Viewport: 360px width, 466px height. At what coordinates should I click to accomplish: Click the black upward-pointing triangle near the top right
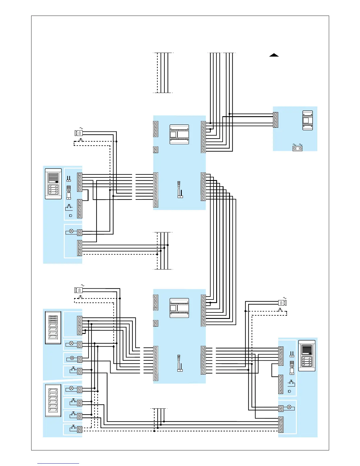(x=274, y=55)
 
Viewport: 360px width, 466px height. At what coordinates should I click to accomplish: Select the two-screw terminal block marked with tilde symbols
(x=297, y=149)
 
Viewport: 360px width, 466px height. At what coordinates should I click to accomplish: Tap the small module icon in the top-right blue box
(x=308, y=120)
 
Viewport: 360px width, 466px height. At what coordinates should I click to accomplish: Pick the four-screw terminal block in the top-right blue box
(x=276, y=120)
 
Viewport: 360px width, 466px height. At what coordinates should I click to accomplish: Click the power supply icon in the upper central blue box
(x=179, y=134)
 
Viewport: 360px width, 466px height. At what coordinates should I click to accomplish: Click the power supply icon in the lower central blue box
(x=179, y=308)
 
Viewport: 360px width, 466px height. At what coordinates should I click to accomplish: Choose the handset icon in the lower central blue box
(x=180, y=363)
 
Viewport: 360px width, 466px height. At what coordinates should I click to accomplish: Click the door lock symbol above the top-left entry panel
(x=79, y=133)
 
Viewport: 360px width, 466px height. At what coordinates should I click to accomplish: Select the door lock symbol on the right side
(x=282, y=302)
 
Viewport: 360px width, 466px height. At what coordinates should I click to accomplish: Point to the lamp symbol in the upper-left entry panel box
(x=71, y=231)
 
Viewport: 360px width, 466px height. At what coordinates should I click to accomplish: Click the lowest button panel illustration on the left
(x=53, y=400)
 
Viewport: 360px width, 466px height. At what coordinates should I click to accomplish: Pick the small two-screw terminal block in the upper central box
(x=156, y=150)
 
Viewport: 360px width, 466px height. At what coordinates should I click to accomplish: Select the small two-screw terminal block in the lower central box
(x=156, y=323)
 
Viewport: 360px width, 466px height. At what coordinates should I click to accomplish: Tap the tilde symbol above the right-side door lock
(x=284, y=298)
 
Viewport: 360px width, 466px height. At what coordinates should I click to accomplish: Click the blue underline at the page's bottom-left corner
(x=58, y=464)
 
